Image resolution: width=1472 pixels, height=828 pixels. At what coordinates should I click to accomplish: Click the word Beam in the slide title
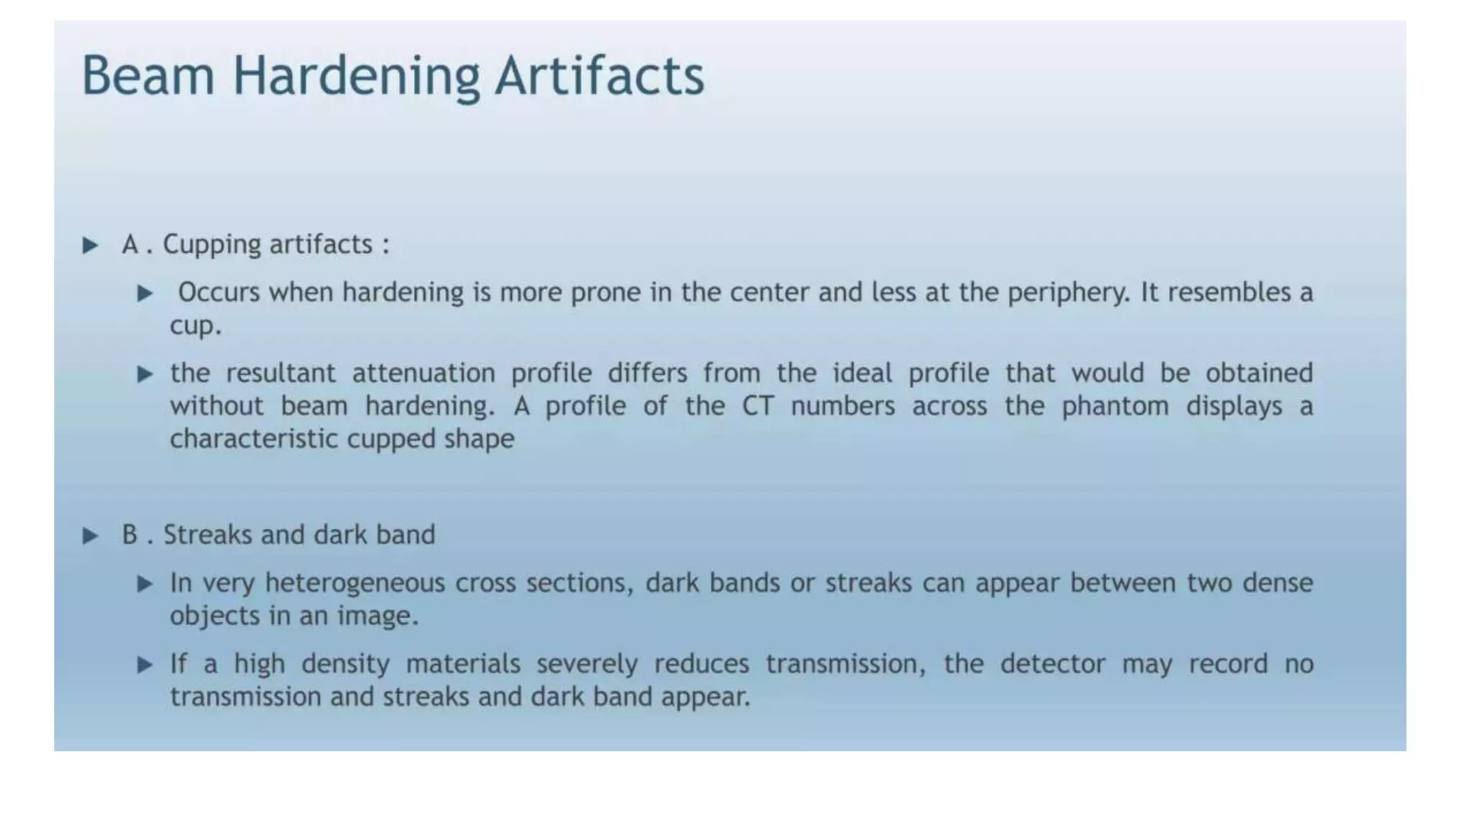(148, 75)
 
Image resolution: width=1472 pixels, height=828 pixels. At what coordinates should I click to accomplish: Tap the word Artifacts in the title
(599, 75)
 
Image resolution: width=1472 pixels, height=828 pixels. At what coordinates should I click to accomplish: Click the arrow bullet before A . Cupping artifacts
(91, 246)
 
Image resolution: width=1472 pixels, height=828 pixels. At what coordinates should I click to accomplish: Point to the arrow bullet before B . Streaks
(91, 536)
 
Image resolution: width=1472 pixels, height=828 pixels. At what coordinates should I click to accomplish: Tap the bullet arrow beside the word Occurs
(145, 293)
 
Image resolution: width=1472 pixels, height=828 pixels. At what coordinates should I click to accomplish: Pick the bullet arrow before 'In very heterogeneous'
(145, 584)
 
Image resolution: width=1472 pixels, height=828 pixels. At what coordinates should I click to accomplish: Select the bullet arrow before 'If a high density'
(145, 665)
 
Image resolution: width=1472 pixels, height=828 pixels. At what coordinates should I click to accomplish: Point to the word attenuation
(423, 374)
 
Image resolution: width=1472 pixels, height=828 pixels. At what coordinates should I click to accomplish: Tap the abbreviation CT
(758, 407)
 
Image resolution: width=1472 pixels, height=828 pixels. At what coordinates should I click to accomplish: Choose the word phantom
(1115, 407)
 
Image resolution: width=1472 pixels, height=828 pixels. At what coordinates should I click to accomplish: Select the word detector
(1052, 664)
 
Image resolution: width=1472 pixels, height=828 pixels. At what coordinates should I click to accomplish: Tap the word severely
(586, 665)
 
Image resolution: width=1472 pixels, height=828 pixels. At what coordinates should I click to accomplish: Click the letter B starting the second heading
(129, 535)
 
